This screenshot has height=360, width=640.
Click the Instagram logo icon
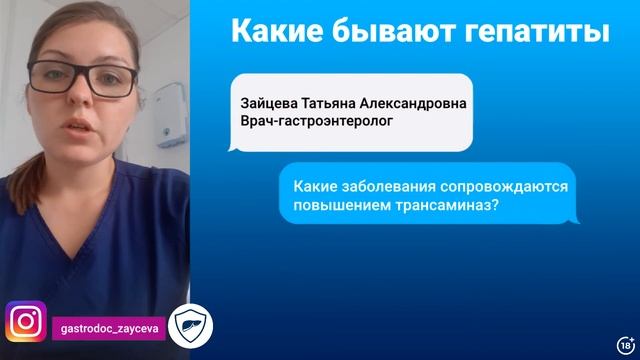[26, 322]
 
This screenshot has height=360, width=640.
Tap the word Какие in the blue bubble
[315, 185]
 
